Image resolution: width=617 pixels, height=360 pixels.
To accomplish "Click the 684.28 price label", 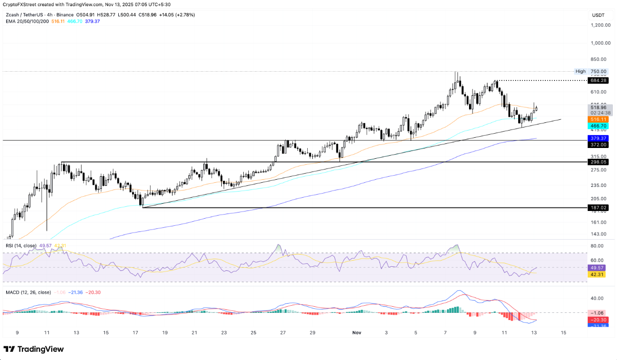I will [598, 80].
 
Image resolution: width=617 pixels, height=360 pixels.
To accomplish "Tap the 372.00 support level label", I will [598, 145].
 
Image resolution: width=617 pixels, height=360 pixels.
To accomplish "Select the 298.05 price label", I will [598, 162].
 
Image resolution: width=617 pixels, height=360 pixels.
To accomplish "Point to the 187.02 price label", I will [598, 208].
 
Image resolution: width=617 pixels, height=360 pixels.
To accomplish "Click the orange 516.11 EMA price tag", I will [598, 119].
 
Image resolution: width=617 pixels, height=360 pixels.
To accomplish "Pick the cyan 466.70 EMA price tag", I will [598, 125].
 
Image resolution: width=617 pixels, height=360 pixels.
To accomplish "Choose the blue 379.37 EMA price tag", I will [598, 138].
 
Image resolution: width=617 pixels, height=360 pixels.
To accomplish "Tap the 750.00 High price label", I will [598, 72].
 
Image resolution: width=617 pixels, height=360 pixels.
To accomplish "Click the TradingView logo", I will [34, 349].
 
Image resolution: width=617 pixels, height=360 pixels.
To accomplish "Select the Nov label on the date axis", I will [357, 332].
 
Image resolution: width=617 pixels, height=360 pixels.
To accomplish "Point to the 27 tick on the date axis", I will [283, 332].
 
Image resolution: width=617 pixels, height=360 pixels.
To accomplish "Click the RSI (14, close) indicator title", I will [21, 246].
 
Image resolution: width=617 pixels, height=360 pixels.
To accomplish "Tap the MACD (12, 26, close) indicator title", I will [28, 292].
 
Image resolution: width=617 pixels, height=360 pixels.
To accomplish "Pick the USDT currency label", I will [598, 15].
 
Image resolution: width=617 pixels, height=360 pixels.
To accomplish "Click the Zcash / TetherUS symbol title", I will [29, 15].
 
